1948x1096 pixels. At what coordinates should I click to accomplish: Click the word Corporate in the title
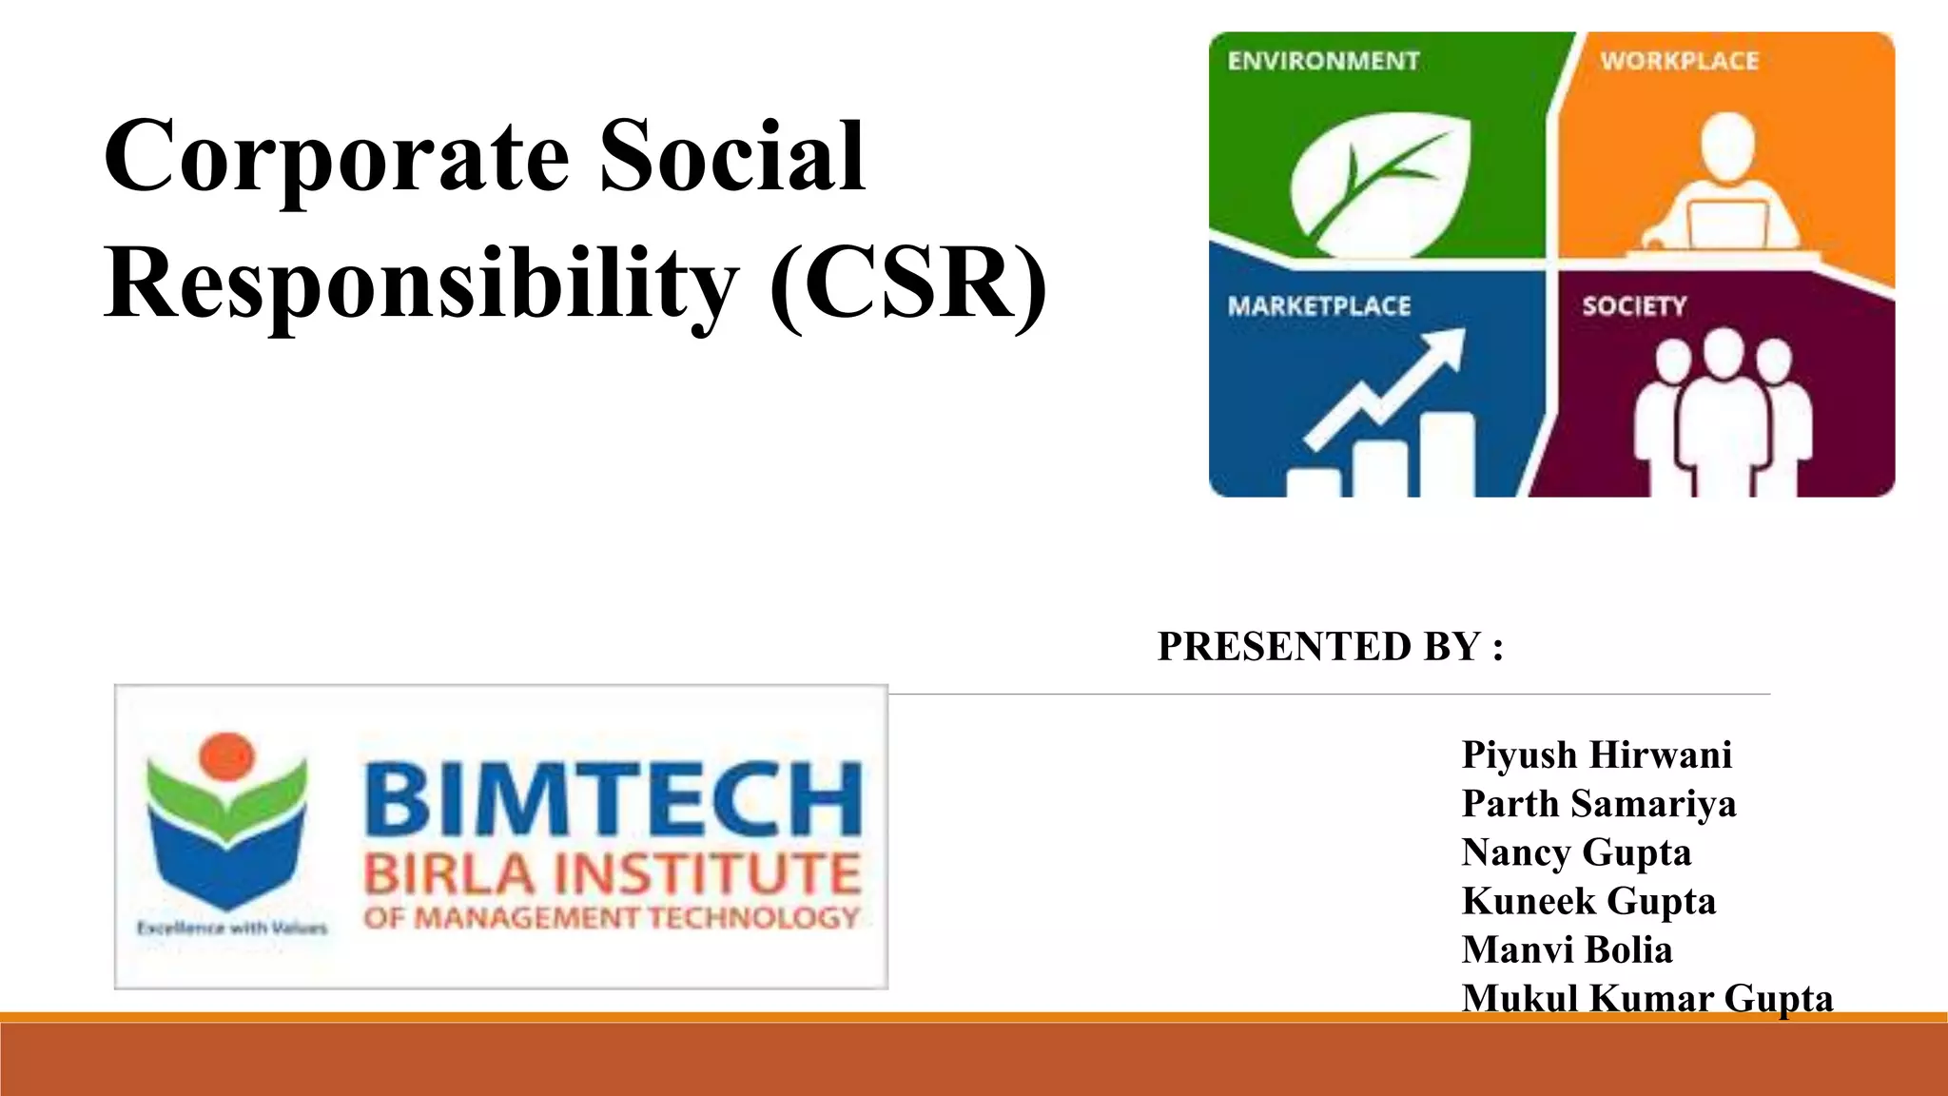[x=337, y=157]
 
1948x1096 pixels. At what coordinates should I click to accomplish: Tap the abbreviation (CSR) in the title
[x=908, y=284]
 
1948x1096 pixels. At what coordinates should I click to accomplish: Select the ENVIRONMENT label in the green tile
[x=1323, y=61]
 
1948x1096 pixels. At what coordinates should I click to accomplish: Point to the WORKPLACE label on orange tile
[x=1679, y=61]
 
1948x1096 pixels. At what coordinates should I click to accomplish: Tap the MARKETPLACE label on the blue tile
[x=1319, y=306]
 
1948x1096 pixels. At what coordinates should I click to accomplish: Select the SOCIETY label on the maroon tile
[x=1634, y=306]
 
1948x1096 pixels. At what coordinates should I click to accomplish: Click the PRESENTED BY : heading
[x=1330, y=647]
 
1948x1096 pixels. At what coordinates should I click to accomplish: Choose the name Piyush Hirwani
[x=1596, y=755]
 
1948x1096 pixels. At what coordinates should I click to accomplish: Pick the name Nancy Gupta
[x=1576, y=852]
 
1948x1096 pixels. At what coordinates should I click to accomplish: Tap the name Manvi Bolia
[x=1567, y=949]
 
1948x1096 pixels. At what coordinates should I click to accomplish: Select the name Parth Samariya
[x=1598, y=804]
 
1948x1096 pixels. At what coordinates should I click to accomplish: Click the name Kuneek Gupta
[x=1588, y=901]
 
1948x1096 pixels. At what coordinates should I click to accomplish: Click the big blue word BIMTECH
[x=613, y=799]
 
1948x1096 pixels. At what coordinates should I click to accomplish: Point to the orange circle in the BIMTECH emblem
[x=226, y=756]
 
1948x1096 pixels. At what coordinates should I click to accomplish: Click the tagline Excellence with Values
[x=232, y=928]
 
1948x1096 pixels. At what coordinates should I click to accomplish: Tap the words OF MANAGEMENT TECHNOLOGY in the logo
[x=611, y=918]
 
